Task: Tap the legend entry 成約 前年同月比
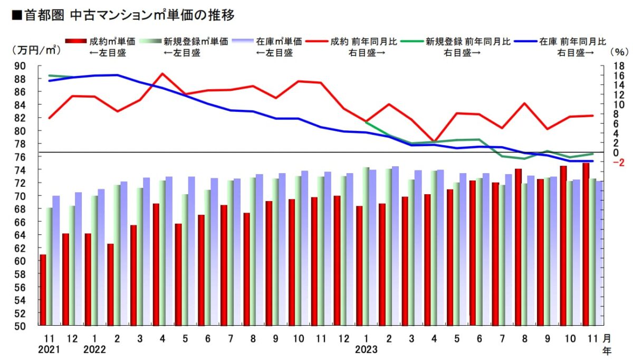tap(363, 42)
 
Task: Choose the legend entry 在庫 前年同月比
tap(572, 42)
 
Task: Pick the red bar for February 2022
tap(110, 285)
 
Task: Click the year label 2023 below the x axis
tap(366, 349)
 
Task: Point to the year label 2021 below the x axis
tap(50, 349)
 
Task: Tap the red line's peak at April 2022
tap(162, 74)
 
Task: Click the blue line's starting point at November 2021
tap(50, 81)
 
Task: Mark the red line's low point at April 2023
tap(433, 141)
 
